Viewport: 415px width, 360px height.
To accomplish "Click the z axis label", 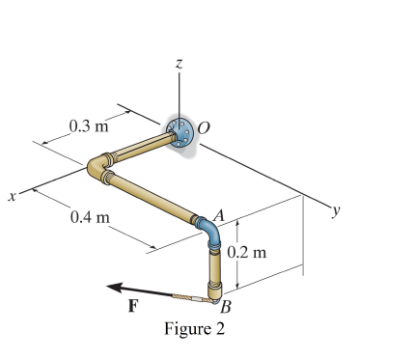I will point(178,62).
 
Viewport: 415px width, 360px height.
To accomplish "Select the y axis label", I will point(335,208).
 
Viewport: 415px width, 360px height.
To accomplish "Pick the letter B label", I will point(225,308).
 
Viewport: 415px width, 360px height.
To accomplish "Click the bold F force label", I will point(134,306).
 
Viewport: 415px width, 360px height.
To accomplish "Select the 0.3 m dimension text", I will point(89,125).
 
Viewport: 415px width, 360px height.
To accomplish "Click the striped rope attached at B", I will point(184,296).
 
